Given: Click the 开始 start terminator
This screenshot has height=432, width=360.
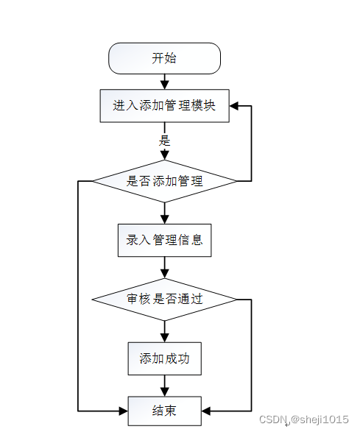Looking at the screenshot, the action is pyautogui.click(x=164, y=58).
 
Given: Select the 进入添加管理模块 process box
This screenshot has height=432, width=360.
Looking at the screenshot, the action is pyautogui.click(x=164, y=105).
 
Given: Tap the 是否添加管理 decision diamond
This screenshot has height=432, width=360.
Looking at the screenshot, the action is pyautogui.click(x=164, y=181).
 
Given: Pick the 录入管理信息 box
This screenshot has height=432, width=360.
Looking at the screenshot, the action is pyautogui.click(x=164, y=240).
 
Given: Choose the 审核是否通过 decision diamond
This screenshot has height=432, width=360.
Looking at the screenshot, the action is pyautogui.click(x=164, y=300).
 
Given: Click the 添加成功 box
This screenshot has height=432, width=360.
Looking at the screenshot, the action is pyautogui.click(x=164, y=358).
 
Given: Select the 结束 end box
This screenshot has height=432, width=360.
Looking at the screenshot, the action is pyautogui.click(x=164, y=411).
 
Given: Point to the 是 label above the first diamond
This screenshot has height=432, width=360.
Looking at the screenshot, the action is pyautogui.click(x=165, y=141).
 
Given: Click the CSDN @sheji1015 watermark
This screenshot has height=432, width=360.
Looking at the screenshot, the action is pyautogui.click(x=304, y=419).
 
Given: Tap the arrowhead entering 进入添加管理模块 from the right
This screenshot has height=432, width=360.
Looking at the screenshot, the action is pyautogui.click(x=234, y=106).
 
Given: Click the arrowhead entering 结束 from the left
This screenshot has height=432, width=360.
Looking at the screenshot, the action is pyautogui.click(x=123, y=411).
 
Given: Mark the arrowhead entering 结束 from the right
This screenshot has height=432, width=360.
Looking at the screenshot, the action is pyautogui.click(x=206, y=411).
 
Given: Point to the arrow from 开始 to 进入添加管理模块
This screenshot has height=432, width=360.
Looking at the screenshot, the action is pyautogui.click(x=165, y=82).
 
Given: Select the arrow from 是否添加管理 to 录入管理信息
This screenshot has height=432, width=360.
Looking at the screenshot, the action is pyautogui.click(x=165, y=213).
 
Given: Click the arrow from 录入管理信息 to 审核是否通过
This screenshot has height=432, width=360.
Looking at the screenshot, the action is pyautogui.click(x=165, y=268).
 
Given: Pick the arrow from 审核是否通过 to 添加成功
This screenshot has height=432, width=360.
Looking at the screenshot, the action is pyautogui.click(x=165, y=331).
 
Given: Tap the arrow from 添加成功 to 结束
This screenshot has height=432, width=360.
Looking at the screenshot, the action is pyautogui.click(x=165, y=386).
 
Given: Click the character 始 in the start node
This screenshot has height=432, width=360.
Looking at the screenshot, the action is pyautogui.click(x=171, y=58).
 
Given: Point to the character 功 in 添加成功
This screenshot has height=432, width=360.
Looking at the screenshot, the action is pyautogui.click(x=183, y=358).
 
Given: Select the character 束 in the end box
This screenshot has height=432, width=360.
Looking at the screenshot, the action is pyautogui.click(x=171, y=411).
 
